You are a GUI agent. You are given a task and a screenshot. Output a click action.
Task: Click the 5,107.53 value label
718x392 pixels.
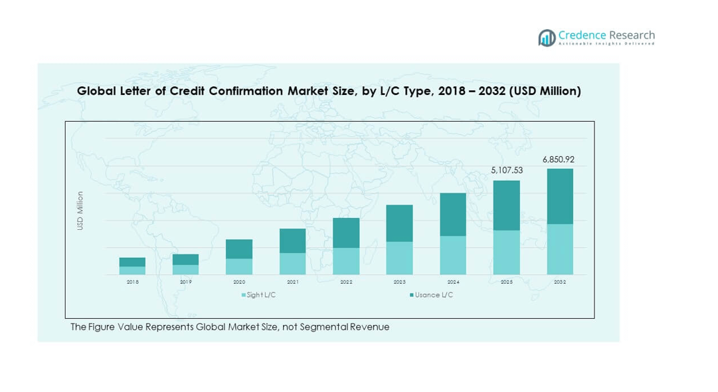(507, 170)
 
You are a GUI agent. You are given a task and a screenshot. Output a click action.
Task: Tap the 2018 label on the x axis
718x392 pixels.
(132, 282)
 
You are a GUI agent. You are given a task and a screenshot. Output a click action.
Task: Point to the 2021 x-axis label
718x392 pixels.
(292, 282)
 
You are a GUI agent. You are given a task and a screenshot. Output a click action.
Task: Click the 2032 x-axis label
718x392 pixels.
(560, 282)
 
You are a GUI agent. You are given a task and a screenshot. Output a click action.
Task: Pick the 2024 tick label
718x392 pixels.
(452, 282)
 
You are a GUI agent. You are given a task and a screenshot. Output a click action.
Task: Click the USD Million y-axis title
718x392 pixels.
(80, 211)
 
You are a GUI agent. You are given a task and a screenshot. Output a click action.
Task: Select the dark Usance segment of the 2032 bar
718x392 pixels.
(560, 196)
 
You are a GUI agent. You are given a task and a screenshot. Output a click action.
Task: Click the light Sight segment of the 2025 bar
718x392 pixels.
(507, 252)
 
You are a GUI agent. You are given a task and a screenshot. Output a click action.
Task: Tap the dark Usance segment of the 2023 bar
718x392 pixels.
(399, 223)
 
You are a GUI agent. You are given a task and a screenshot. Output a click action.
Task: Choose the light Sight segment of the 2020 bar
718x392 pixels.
(239, 266)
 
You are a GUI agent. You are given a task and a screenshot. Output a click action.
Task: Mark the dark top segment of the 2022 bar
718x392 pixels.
(346, 233)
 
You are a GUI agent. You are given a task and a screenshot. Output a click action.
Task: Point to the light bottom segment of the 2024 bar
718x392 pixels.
(452, 255)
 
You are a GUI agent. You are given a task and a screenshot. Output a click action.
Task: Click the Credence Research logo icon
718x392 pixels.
(547, 38)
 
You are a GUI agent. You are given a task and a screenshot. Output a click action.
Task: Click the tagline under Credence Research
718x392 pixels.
(606, 44)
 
